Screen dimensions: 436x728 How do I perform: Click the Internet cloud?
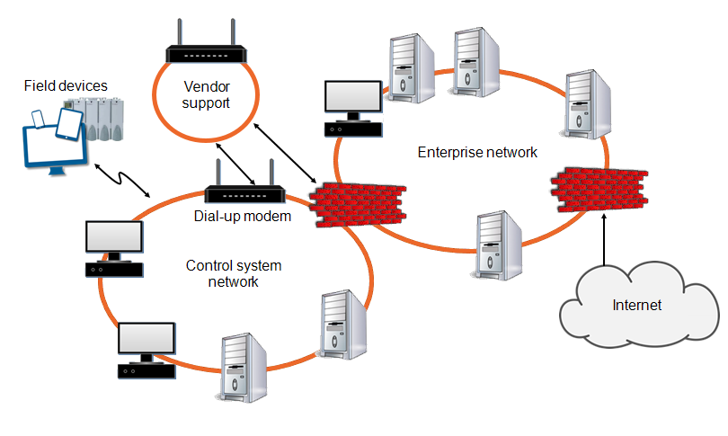click(637, 305)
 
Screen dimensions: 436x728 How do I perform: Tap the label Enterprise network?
click(477, 152)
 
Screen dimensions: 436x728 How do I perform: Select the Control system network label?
click(233, 273)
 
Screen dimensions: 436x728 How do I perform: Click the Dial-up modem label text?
click(243, 216)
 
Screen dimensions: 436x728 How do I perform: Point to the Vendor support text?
click(206, 95)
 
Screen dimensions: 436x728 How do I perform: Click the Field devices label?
click(66, 86)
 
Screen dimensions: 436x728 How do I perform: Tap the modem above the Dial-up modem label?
click(244, 192)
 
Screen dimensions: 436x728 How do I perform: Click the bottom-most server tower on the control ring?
click(244, 365)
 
